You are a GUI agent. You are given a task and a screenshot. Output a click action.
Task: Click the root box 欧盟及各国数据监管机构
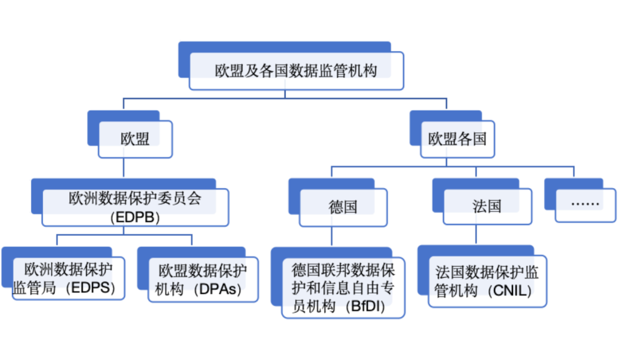[296, 71]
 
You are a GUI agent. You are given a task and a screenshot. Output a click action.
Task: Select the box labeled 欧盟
[135, 139]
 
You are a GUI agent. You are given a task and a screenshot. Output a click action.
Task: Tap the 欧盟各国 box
[457, 139]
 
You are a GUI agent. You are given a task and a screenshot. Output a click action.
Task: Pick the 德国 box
[343, 206]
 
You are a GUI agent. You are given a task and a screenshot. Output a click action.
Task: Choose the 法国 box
[487, 206]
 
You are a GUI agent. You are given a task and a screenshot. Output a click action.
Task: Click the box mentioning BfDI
[343, 288]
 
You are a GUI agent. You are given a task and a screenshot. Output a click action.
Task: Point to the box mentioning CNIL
[487, 281]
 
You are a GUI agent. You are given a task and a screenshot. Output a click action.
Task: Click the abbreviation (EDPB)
[135, 218]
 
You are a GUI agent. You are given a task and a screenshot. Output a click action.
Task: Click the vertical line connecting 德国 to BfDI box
[331, 236]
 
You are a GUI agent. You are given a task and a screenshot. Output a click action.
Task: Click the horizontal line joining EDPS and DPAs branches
[124, 234]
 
